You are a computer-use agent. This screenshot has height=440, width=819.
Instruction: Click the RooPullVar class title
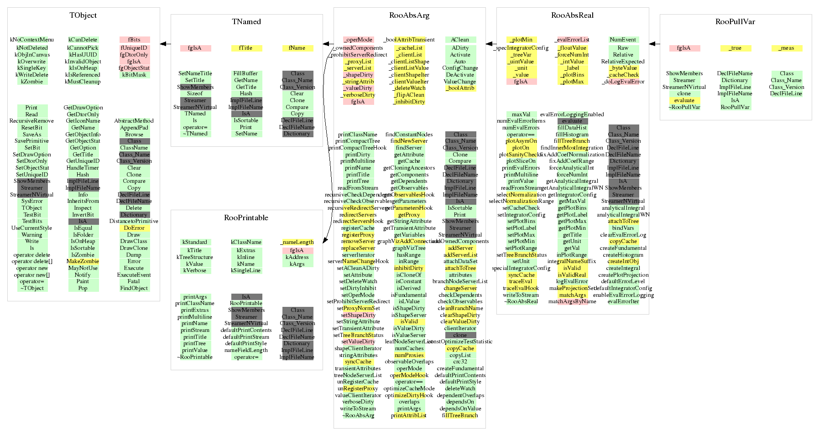(x=735, y=22)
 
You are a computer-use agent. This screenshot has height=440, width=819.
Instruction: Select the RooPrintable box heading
(x=246, y=218)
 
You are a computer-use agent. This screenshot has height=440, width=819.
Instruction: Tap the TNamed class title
(x=246, y=22)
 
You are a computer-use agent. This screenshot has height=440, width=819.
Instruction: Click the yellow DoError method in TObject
(x=134, y=228)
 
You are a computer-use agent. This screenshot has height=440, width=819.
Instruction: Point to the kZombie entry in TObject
(x=32, y=82)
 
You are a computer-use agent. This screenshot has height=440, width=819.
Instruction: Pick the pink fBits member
(x=134, y=40)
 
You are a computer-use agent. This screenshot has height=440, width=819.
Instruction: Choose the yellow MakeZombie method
(x=83, y=261)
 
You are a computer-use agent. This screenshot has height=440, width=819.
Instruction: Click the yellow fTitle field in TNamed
(x=246, y=48)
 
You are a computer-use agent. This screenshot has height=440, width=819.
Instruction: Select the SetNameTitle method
(x=195, y=73)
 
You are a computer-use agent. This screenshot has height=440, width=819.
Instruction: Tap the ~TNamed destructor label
(x=195, y=134)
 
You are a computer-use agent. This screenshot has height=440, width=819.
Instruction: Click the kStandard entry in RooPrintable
(x=195, y=242)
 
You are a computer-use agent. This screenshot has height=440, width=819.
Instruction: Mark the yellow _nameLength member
(x=297, y=242)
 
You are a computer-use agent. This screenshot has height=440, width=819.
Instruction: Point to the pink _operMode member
(x=358, y=40)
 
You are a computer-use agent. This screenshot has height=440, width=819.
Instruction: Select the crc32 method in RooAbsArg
(x=460, y=362)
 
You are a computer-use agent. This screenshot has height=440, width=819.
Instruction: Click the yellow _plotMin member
(x=522, y=40)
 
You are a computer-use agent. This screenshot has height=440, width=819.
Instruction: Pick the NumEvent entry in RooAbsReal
(x=623, y=40)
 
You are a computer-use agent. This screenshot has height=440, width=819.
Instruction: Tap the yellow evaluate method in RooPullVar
(x=684, y=100)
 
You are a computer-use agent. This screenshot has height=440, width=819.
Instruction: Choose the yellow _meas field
(x=786, y=48)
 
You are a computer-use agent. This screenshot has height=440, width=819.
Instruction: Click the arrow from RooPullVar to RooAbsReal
(x=654, y=44)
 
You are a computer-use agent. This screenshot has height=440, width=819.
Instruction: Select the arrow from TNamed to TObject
(x=165, y=44)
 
